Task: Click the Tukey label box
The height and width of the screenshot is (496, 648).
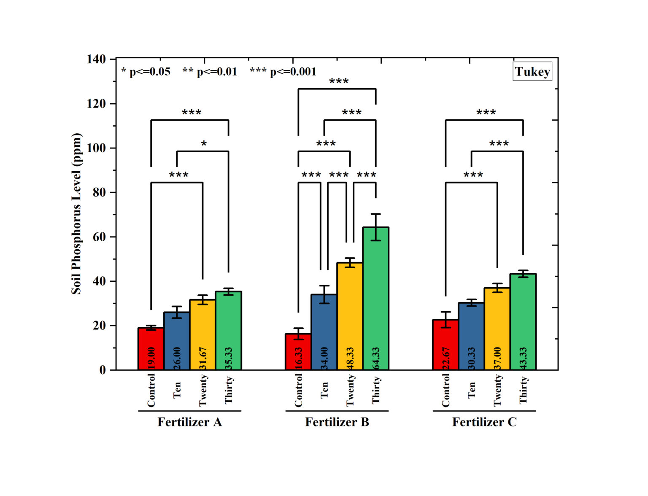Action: point(532,72)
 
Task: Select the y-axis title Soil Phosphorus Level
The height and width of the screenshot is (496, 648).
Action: point(76,213)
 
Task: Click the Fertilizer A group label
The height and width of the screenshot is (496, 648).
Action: point(189,422)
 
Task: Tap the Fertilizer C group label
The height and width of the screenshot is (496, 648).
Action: point(484,422)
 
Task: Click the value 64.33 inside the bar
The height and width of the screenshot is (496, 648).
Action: point(376,359)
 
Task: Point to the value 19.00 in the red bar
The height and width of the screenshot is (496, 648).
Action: point(151,359)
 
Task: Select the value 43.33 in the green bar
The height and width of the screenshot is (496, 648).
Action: point(523,359)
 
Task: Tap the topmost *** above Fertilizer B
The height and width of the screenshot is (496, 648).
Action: point(339,81)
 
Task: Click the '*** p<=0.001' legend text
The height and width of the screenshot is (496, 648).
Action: point(283,72)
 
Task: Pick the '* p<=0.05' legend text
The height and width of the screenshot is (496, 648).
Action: point(146,72)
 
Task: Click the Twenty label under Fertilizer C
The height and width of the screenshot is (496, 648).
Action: point(498,391)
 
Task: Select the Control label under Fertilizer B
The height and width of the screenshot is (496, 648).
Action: point(298,391)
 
